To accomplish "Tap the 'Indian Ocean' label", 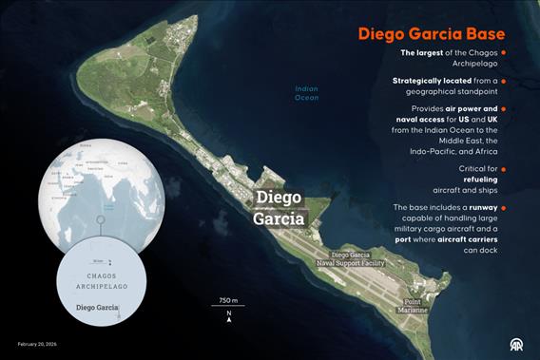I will tap(306, 93).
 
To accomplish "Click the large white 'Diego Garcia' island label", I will tap(280, 208).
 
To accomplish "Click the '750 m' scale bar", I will tap(228, 303).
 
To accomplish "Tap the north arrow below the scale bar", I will tap(228, 318).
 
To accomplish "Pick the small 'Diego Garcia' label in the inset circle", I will tap(96, 308).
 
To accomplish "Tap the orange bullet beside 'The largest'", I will tap(503, 52).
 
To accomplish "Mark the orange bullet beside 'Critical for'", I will tap(503, 168).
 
